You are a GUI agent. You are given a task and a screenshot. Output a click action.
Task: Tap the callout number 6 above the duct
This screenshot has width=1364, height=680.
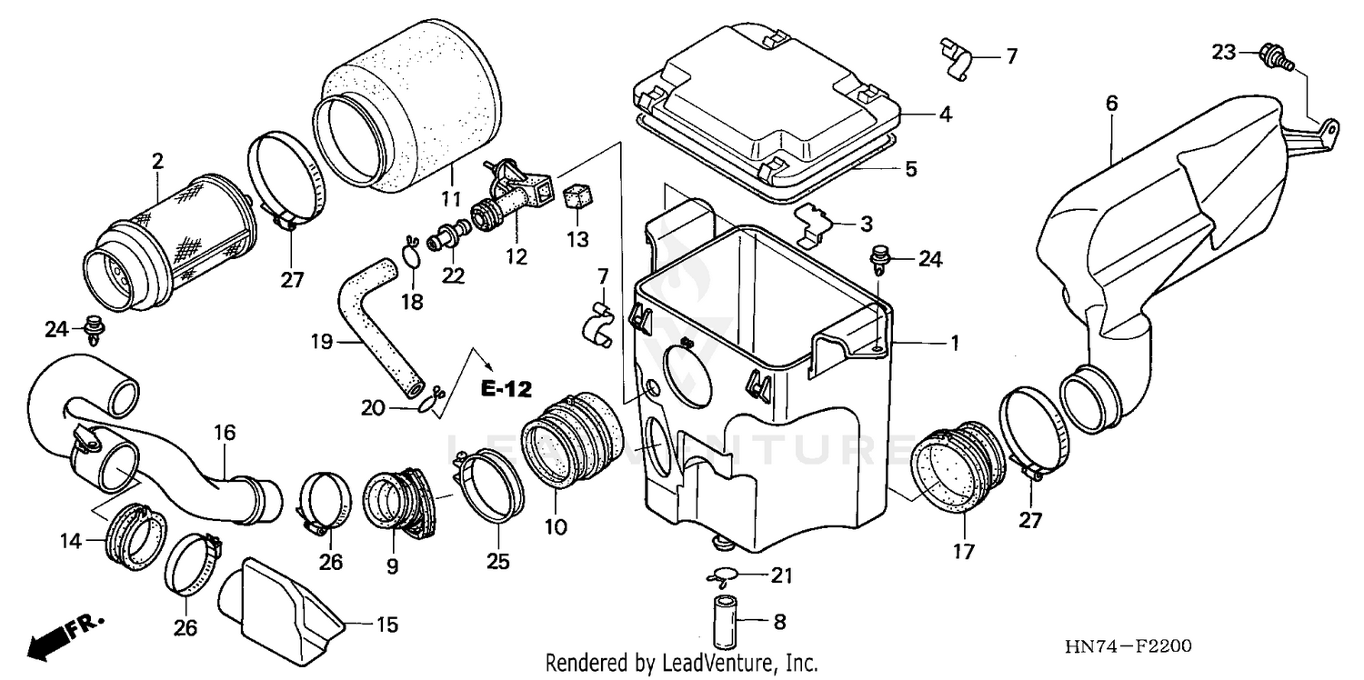(x=1111, y=104)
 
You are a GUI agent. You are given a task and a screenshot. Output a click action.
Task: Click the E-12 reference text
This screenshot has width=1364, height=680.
(x=506, y=389)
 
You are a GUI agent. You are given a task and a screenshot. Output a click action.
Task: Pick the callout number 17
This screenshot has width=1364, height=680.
(x=963, y=551)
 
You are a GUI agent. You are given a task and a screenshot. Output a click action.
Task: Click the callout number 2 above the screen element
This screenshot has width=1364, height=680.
(x=157, y=161)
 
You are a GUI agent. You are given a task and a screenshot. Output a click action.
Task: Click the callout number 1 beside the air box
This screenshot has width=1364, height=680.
(x=956, y=343)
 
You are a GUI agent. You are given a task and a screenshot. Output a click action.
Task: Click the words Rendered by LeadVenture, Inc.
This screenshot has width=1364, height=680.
(x=681, y=664)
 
